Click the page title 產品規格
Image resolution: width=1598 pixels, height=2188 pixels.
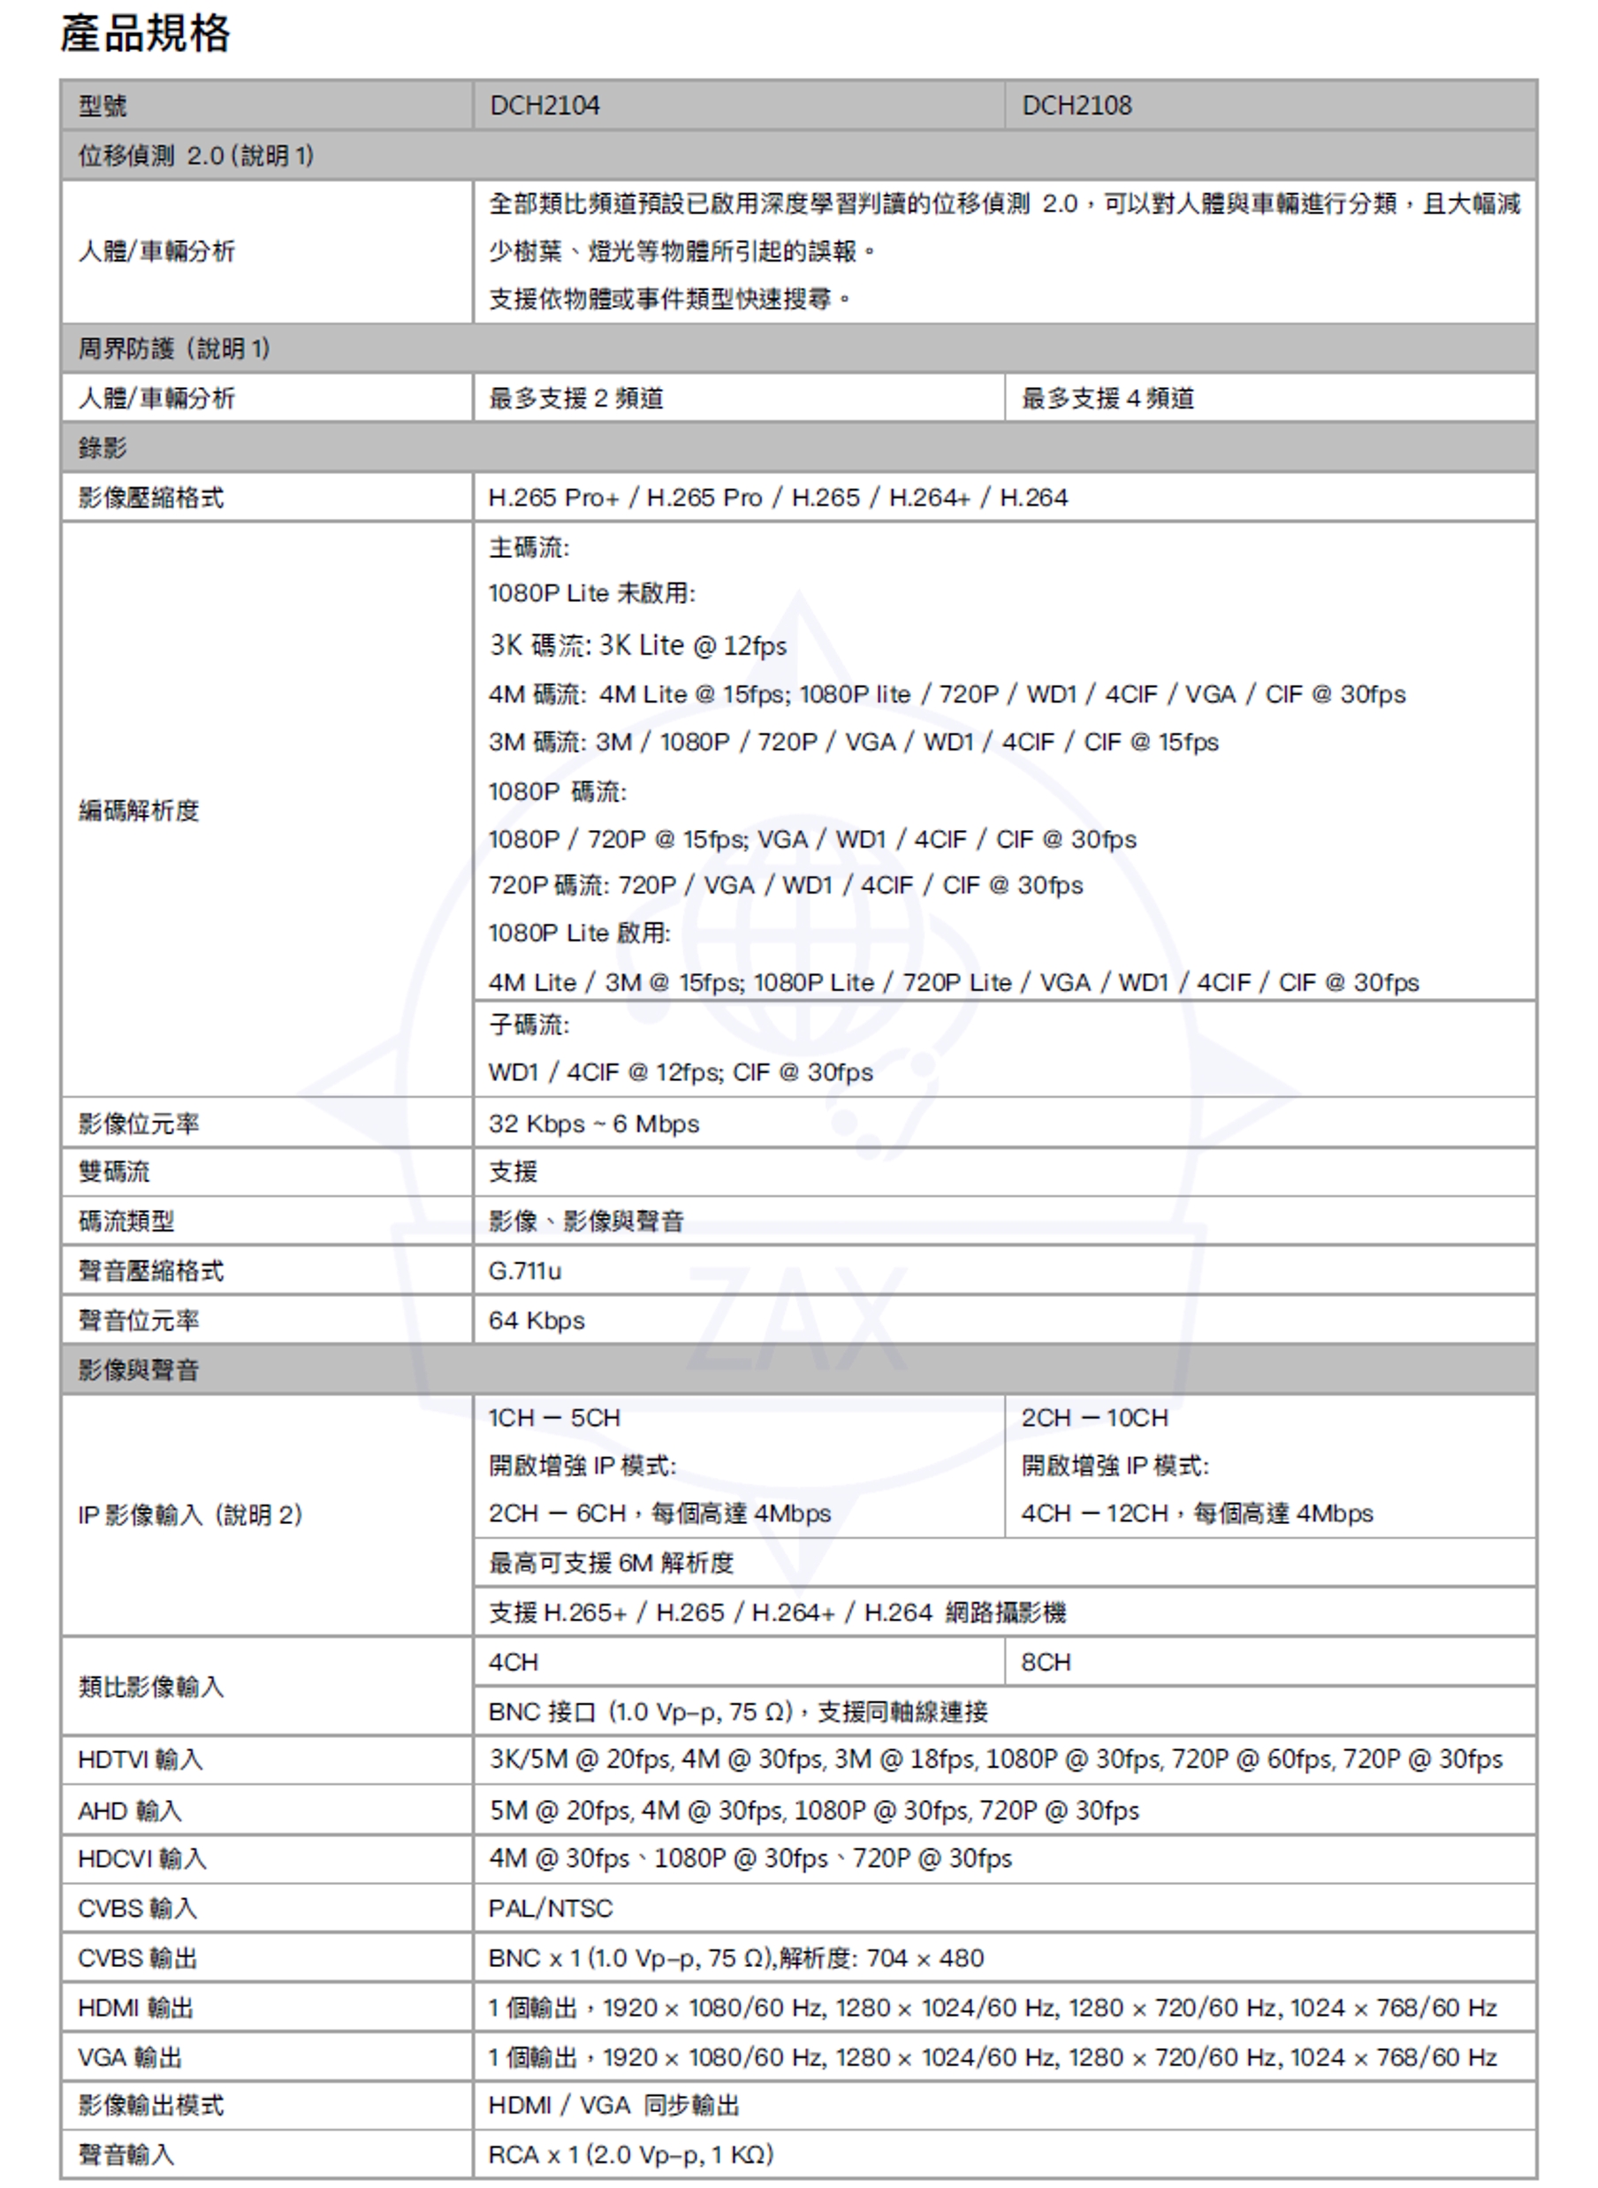tap(145, 34)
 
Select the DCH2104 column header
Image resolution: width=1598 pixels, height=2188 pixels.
tap(544, 105)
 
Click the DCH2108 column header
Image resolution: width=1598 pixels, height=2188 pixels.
tap(1077, 105)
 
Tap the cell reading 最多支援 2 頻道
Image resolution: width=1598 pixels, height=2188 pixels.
tap(575, 399)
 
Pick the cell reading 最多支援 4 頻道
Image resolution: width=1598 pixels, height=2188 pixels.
tap(1107, 399)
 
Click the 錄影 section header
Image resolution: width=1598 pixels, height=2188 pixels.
tap(103, 448)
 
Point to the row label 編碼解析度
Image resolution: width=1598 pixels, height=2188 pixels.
tap(139, 811)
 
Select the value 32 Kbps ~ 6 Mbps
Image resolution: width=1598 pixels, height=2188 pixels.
tap(594, 1124)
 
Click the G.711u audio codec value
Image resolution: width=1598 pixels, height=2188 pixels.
tap(525, 1271)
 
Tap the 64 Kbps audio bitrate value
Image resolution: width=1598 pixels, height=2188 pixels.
tap(536, 1321)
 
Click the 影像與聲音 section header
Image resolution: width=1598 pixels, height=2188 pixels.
tap(139, 1369)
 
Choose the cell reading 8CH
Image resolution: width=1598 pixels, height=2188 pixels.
tap(1046, 1662)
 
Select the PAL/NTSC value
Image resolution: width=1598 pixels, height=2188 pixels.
tap(551, 1908)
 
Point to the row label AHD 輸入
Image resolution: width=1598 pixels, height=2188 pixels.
tap(130, 1810)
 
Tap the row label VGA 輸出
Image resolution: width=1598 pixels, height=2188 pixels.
tap(130, 2056)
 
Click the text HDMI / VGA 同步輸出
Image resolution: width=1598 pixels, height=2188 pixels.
tap(614, 2105)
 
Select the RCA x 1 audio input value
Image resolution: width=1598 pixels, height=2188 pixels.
tap(631, 2154)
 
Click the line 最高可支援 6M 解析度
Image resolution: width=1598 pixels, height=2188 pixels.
tap(612, 1563)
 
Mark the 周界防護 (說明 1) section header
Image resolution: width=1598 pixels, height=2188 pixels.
tap(174, 348)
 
